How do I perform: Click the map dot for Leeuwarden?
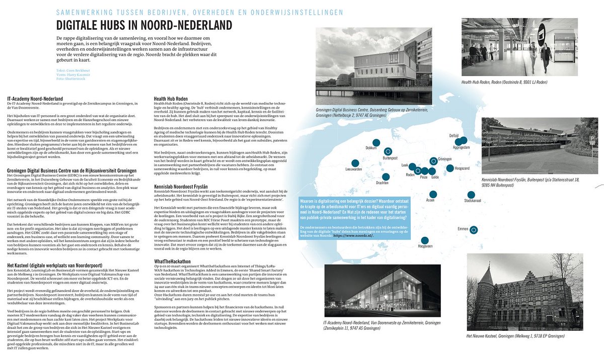355,163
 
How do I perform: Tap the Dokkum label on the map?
371,148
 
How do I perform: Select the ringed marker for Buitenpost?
388,151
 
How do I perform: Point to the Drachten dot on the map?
386,176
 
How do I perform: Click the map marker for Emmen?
473,230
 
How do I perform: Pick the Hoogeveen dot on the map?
425,240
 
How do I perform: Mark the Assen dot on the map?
431,194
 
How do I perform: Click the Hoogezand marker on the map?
450,168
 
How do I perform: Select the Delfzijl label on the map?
454,136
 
